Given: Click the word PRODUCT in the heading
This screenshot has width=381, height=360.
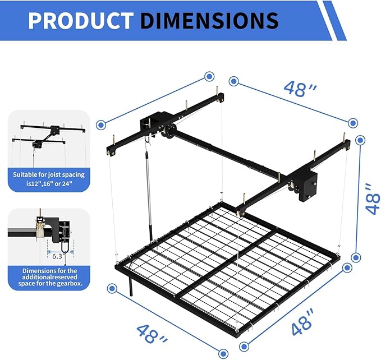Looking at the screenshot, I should point(79,20).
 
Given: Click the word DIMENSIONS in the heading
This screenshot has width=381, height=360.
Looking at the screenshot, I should point(209,20).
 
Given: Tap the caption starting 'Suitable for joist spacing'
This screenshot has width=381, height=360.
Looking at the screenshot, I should point(49,179).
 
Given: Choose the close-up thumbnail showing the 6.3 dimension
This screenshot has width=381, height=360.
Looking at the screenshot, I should point(49,236).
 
